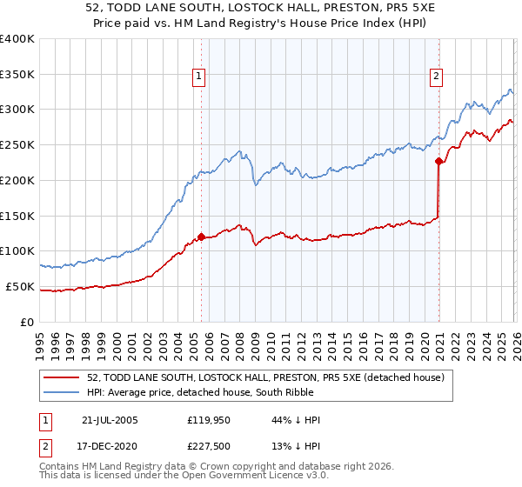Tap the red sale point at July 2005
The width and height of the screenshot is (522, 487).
tap(201, 237)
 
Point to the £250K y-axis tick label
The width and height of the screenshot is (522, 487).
tap(17, 145)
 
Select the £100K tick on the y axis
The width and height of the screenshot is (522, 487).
tap(17, 251)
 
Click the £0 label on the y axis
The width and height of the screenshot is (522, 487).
tap(28, 322)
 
